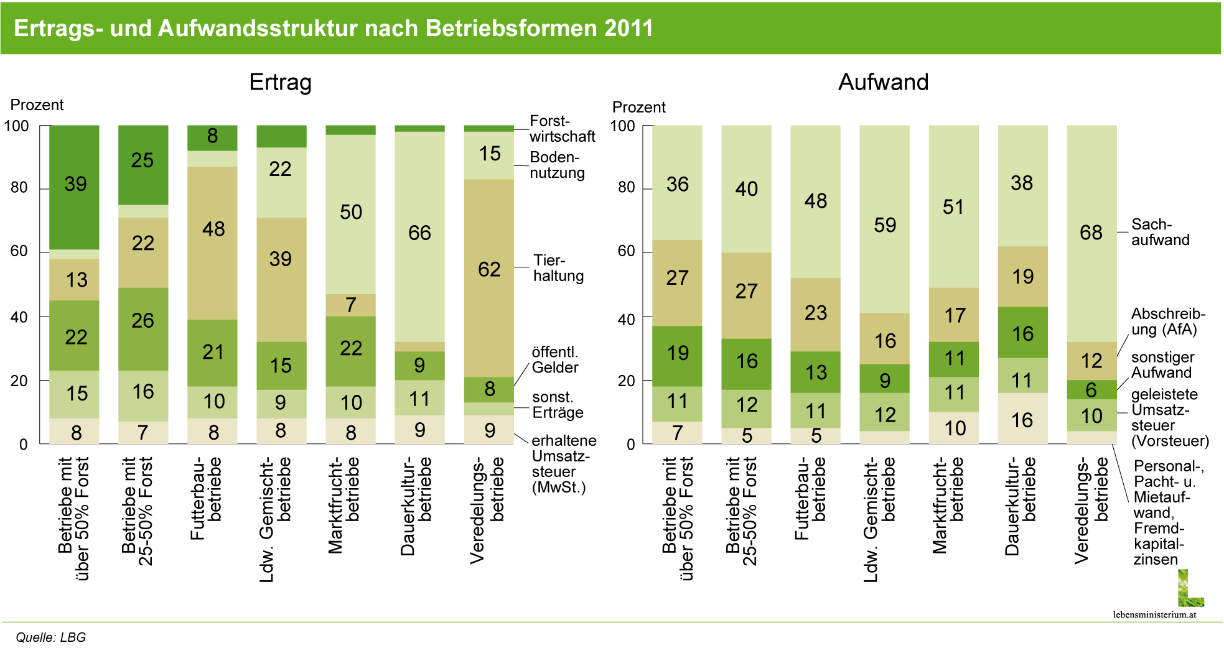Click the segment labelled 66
pos(419,236)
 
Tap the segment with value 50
pos(350,214)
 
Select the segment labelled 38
pos(1022,185)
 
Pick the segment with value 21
pos(212,353)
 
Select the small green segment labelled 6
pos(1091,389)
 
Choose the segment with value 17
pos(953,315)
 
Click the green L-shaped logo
pos(1190,589)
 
